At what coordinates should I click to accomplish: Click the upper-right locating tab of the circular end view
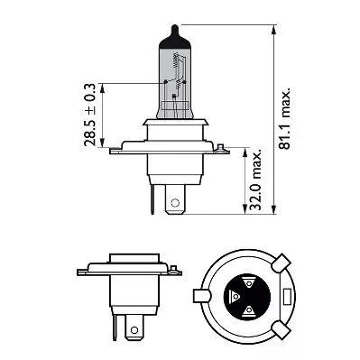click(281, 266)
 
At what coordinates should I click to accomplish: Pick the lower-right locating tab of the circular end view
click(281, 333)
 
